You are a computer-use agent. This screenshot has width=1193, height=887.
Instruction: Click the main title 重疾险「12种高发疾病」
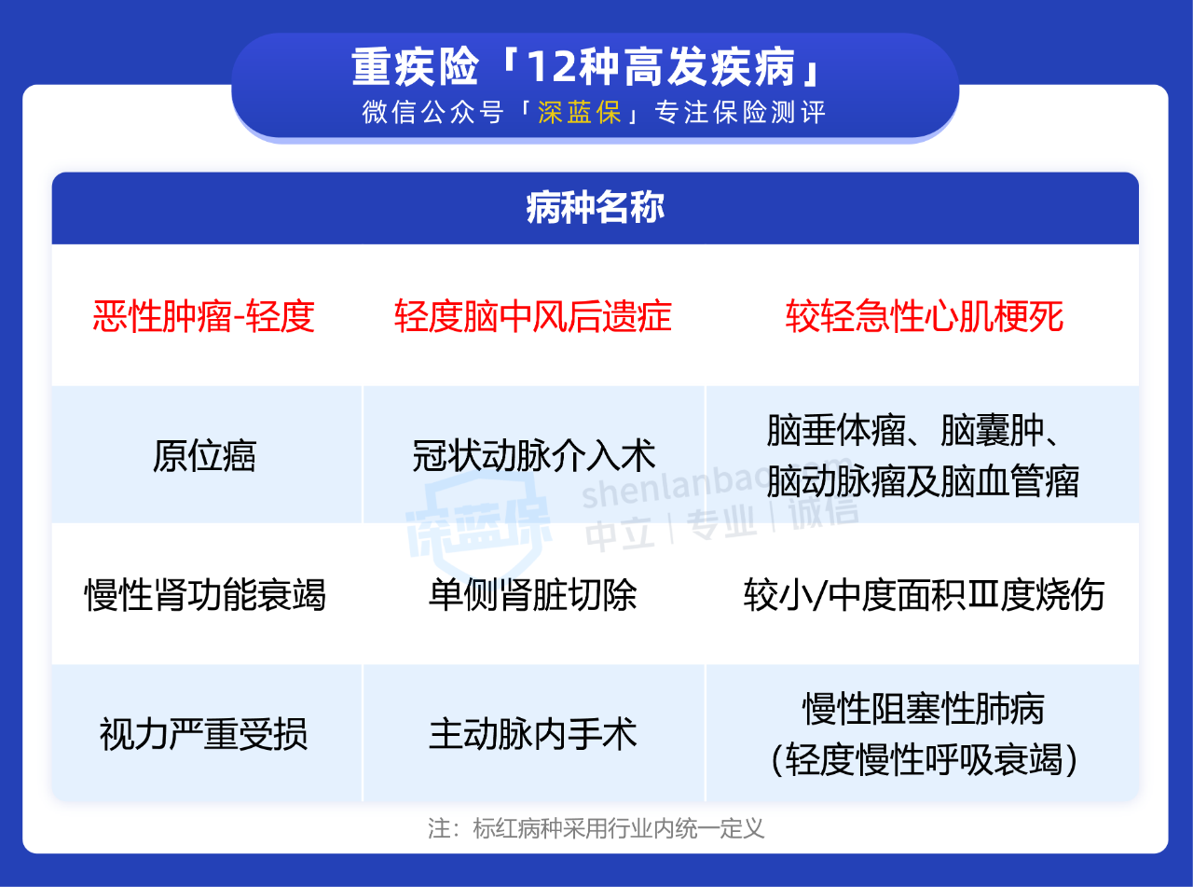586,67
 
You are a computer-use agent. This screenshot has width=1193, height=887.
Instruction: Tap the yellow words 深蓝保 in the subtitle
580,113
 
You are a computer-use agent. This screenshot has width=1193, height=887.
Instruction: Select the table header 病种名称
596,207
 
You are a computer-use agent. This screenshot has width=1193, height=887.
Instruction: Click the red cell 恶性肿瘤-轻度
204,316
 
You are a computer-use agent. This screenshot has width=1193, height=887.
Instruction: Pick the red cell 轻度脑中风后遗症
533,316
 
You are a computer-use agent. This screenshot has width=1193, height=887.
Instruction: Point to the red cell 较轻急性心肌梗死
924,316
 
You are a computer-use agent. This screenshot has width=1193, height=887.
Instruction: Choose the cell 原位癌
204,456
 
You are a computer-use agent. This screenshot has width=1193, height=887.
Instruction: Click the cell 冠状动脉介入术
533,456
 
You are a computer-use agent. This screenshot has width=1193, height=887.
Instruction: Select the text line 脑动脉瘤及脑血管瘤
923,480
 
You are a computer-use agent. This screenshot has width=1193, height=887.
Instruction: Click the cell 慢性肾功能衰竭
205,595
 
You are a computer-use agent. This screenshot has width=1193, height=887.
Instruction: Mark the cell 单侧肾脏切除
532,595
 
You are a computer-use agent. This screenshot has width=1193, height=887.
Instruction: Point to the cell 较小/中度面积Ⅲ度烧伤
924,595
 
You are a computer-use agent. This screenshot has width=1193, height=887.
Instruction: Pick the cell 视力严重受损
204,734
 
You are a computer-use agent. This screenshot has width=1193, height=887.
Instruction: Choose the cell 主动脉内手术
532,734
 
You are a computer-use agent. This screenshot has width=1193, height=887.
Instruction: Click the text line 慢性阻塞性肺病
924,709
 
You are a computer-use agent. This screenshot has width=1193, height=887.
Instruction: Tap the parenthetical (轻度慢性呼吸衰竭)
924,759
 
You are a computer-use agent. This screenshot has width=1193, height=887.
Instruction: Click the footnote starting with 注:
596,828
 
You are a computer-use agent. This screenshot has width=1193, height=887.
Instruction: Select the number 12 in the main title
550,67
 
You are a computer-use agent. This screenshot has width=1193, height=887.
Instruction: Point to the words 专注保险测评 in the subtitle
740,113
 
